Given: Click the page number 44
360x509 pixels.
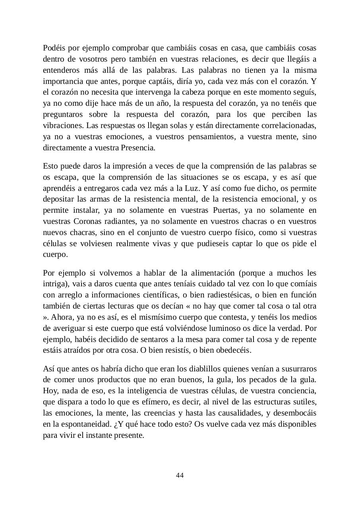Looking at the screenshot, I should click(x=180, y=476).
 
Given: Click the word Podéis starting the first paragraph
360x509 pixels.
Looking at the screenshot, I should click(x=54, y=48).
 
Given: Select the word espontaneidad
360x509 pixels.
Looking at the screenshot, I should click(x=81, y=424).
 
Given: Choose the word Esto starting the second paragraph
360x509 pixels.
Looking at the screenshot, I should click(x=50, y=166).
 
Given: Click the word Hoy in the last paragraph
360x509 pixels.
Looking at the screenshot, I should click(x=49, y=391).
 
